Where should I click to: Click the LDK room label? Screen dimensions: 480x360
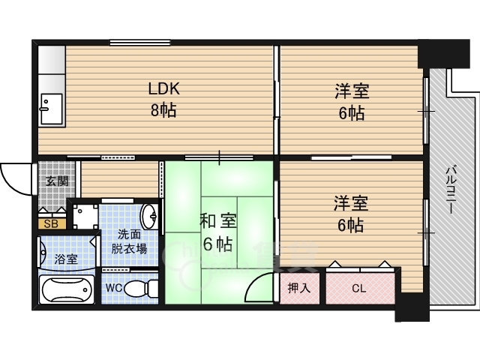[163, 88]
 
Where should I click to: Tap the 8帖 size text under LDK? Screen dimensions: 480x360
[163, 110]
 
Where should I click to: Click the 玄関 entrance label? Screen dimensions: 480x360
[57, 181]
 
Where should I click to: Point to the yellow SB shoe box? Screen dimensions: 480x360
[52, 223]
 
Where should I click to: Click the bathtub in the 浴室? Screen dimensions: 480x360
[67, 289]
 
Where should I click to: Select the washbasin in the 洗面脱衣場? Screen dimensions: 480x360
[150, 216]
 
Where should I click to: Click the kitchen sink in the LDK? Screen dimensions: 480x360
[52, 109]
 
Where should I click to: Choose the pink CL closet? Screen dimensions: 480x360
[360, 288]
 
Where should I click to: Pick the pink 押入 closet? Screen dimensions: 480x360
[299, 288]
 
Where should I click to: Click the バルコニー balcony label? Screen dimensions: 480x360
[451, 190]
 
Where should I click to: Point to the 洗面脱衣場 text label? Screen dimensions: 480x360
[129, 241]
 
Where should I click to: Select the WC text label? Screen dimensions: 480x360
[114, 288]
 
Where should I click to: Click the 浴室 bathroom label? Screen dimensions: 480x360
[66, 259]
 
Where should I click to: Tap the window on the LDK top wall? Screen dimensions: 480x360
[140, 42]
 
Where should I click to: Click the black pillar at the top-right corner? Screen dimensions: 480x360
[444, 53]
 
